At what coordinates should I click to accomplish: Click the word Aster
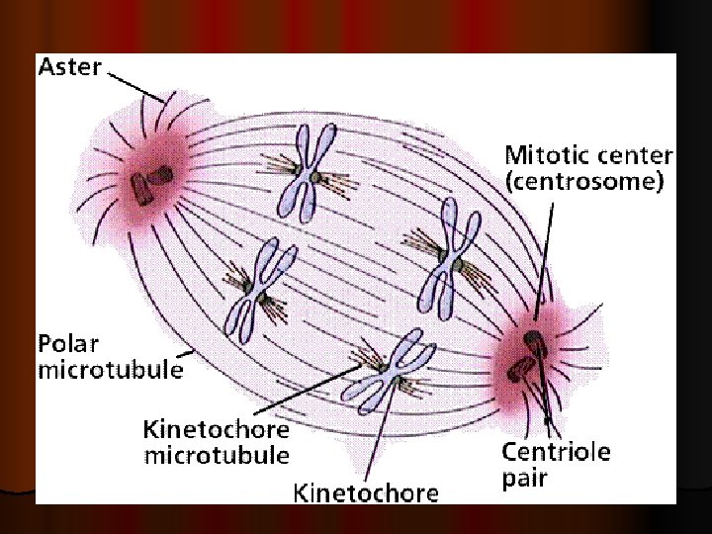69,67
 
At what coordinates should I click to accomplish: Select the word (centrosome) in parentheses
583,183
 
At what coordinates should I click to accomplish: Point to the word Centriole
556,453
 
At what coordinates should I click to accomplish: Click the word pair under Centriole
525,480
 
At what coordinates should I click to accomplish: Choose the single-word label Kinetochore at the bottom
366,492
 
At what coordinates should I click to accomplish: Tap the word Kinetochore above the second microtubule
217,431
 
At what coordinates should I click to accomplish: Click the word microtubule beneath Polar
110,371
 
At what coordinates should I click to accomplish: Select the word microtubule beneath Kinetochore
217,456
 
